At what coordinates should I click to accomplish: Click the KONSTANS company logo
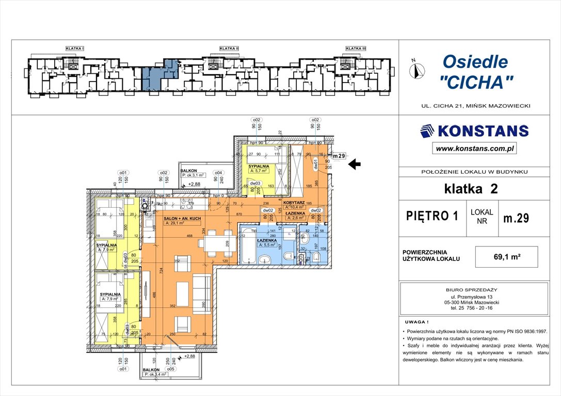click(474, 131)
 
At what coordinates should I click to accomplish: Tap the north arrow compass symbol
click(417, 69)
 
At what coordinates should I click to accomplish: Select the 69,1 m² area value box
click(507, 256)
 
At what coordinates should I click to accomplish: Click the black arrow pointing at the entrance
click(355, 164)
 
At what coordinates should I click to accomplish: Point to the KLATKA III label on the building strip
click(356, 48)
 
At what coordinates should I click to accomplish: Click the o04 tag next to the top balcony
click(218, 173)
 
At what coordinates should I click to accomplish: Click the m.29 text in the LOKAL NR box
click(516, 218)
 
